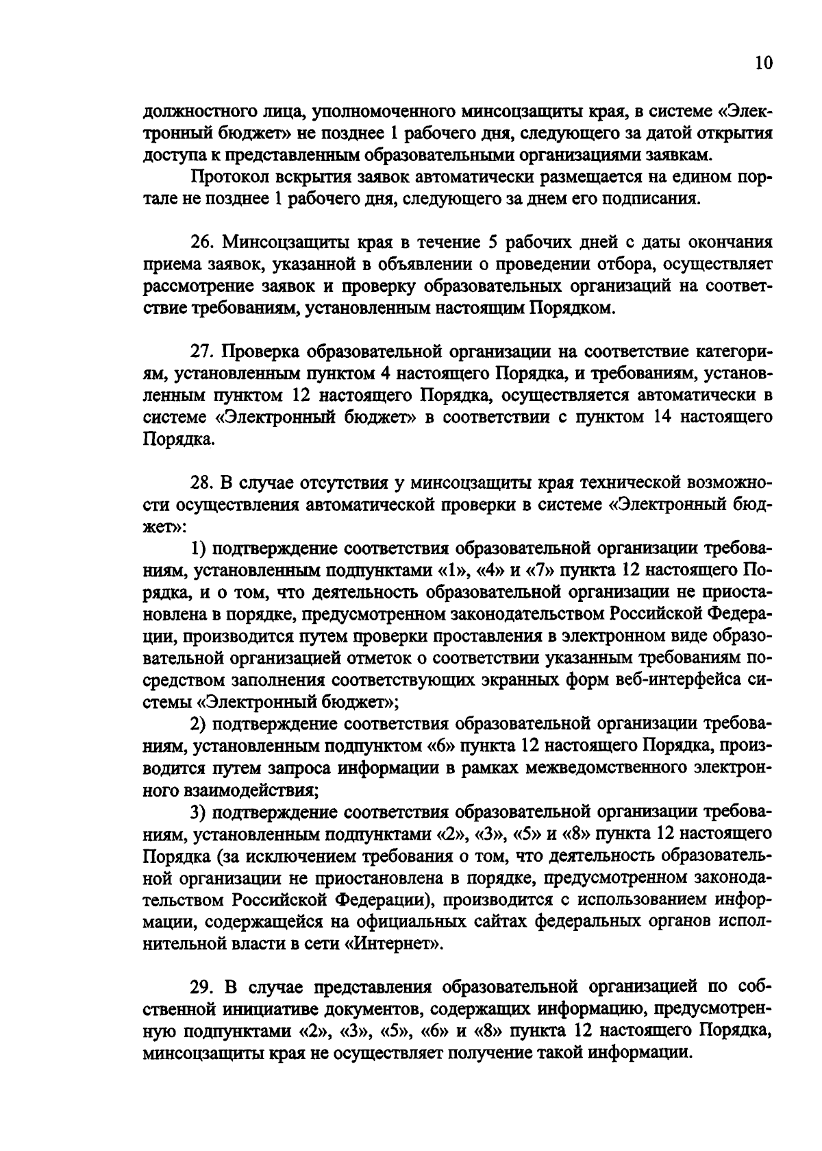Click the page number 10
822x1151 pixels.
(x=763, y=63)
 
